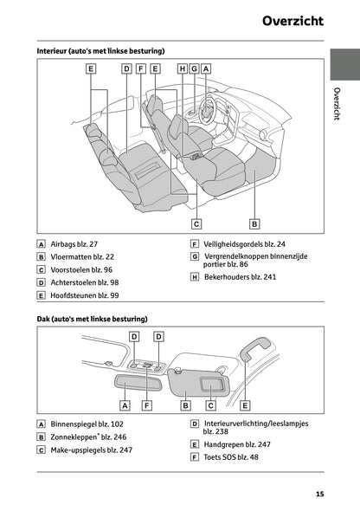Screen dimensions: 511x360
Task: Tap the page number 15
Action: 319,494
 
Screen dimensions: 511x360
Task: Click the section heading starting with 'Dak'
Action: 92,319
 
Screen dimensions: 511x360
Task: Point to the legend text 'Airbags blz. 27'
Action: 74,244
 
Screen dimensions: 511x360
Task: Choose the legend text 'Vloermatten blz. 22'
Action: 82,257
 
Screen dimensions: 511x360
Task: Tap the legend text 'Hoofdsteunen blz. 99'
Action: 85,295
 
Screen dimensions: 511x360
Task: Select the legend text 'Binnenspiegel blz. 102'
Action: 87,424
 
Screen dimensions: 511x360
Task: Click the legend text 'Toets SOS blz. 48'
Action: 230,457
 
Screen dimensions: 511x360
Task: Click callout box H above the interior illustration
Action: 182,68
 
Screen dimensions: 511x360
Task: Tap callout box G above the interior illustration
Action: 194,68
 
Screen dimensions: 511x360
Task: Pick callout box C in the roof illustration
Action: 209,404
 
